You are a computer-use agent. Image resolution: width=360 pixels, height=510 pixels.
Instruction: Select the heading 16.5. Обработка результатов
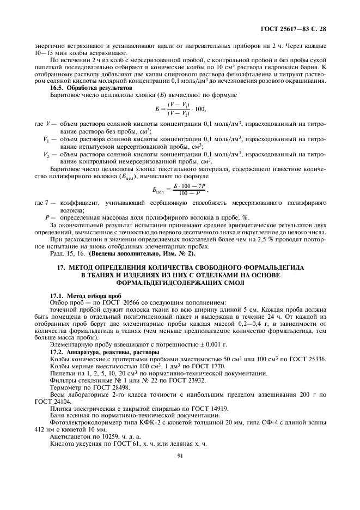click(x=90, y=87)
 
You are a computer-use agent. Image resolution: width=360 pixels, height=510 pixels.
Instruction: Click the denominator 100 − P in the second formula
click(x=188, y=194)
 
